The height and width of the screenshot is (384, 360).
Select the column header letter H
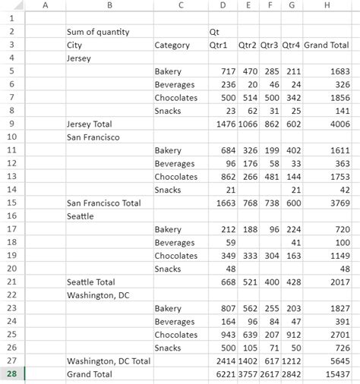tap(327, 6)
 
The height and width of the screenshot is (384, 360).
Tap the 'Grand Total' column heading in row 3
tap(327, 45)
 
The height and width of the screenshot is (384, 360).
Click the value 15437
tap(337, 374)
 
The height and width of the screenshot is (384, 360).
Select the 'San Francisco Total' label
tap(104, 203)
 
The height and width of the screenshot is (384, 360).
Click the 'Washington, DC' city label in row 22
tap(98, 295)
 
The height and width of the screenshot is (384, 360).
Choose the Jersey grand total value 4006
tap(339, 124)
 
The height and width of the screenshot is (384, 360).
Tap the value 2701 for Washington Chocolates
tap(339, 335)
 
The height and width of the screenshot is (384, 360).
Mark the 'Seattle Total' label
tap(93, 282)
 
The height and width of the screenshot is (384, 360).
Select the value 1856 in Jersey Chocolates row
tap(339, 98)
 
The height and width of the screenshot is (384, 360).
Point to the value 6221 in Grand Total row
tap(226, 374)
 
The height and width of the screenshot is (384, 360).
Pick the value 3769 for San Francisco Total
tap(339, 203)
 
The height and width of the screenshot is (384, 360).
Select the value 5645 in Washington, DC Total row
tap(339, 361)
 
